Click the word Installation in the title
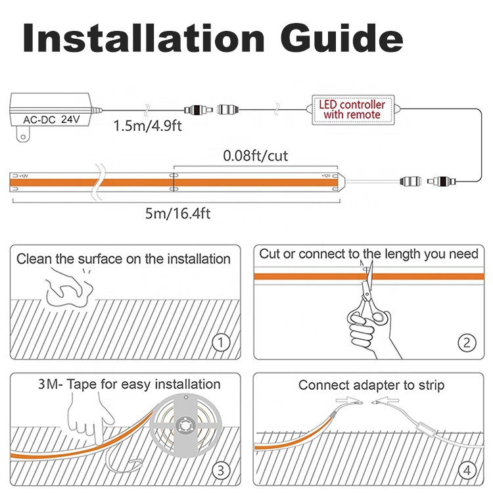pos(143,38)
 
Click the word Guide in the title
pos(342,38)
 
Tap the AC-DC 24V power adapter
pos(51,110)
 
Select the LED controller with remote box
pos(353,110)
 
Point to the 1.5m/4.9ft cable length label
pos(147,126)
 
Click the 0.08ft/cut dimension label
pos(255,156)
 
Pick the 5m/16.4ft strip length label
pos(177,214)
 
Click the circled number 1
pos(222,342)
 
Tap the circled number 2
pos(467,342)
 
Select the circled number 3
pos(221,471)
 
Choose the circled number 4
pos(467,471)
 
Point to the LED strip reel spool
pos(185,426)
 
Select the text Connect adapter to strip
pos(371,385)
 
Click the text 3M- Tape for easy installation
pos(129,385)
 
